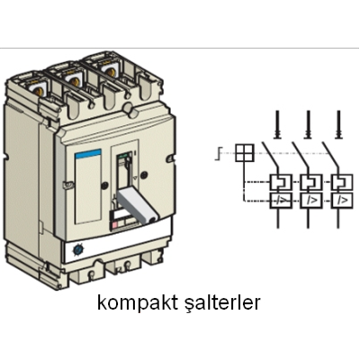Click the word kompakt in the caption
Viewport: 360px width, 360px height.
[138, 304]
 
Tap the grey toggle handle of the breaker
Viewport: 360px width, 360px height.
[137, 207]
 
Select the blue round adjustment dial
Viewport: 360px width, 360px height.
[77, 249]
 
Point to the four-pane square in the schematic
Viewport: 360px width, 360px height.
[245, 153]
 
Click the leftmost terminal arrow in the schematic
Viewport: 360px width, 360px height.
[277, 125]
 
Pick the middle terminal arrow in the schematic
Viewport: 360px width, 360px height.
[308, 125]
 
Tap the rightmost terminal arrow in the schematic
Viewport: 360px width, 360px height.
[338, 125]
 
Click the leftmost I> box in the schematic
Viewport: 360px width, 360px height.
[281, 200]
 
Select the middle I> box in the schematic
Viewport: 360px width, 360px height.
[311, 200]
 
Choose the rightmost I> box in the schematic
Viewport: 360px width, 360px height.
[342, 200]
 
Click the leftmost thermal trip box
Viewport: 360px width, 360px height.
[281, 182]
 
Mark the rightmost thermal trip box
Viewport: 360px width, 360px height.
[342, 182]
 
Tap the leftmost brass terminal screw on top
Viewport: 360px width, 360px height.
[38, 90]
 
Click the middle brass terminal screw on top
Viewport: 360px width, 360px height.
[74, 81]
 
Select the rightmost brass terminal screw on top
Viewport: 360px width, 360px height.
[111, 71]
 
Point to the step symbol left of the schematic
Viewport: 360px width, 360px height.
[218, 153]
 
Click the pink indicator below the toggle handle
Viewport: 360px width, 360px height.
[115, 226]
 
